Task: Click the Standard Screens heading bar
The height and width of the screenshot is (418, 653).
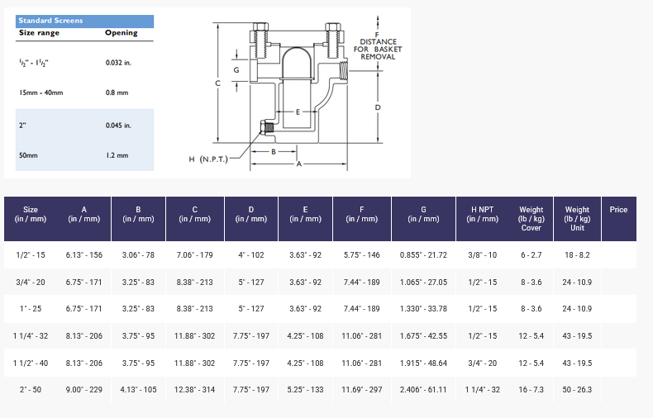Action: (x=84, y=21)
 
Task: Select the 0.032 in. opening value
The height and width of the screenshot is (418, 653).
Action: (x=118, y=63)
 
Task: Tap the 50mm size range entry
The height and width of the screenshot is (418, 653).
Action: (x=28, y=155)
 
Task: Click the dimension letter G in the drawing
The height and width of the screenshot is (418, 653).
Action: (x=236, y=70)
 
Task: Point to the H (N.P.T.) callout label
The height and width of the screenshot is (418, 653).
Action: (x=208, y=159)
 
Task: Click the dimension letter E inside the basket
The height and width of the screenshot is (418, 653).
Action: (x=298, y=112)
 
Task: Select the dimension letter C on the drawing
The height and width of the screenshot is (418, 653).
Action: (x=217, y=83)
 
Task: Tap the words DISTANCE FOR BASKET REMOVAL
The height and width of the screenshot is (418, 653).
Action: (x=378, y=49)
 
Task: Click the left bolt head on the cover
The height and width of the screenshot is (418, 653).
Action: (x=260, y=27)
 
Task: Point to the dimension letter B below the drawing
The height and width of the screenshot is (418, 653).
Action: (x=274, y=151)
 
